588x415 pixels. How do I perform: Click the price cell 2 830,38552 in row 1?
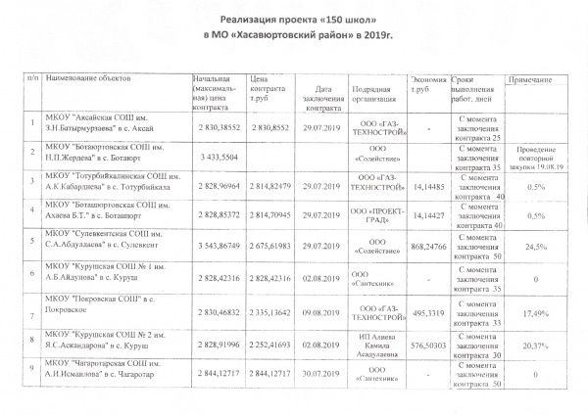point(218,128)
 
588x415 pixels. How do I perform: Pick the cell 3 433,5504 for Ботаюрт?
point(216,157)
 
